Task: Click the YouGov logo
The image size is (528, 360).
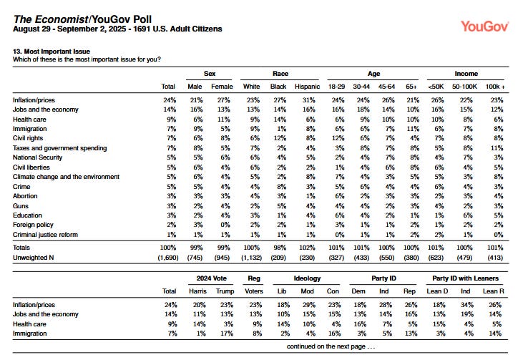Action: point(484,26)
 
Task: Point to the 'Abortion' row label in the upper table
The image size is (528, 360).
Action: point(26,196)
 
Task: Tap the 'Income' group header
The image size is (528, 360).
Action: point(466,73)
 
